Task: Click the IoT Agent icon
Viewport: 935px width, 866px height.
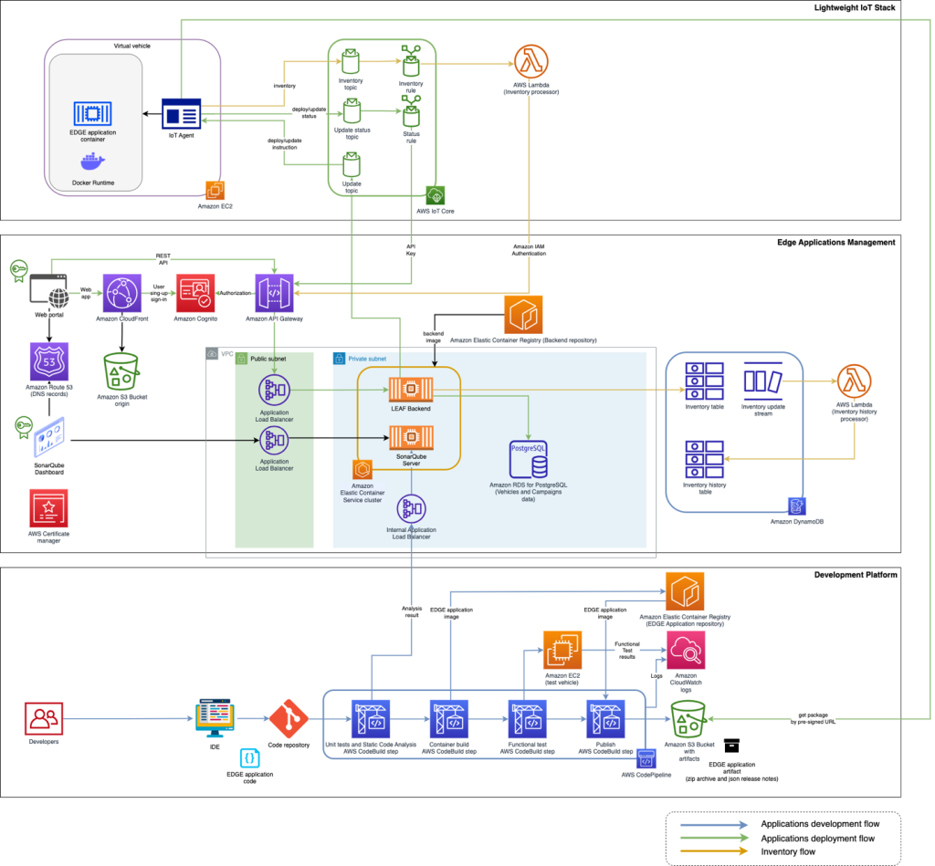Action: click(x=181, y=114)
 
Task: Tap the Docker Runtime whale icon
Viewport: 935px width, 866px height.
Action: click(x=94, y=162)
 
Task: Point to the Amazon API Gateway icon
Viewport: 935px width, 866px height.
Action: click(x=274, y=293)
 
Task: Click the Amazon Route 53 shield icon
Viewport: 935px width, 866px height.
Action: click(x=48, y=361)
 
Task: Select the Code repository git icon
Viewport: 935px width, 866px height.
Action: click(x=287, y=718)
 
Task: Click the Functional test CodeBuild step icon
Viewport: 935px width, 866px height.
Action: click(x=527, y=718)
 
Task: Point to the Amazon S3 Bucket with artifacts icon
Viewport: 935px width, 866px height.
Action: click(x=688, y=719)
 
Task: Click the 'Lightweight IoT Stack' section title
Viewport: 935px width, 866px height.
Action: click(x=854, y=8)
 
